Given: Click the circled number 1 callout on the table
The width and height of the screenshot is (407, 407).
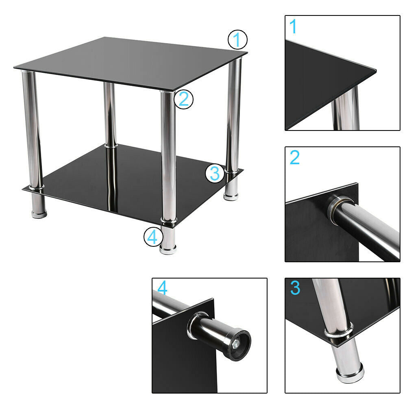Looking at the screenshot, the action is (237, 40).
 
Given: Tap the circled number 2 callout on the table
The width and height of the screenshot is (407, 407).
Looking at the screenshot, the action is (183, 99).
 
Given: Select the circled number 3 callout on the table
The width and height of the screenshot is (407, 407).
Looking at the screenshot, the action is (215, 173).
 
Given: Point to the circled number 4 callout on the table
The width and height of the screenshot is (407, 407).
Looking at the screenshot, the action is (153, 237).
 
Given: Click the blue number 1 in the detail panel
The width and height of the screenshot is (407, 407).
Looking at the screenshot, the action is (293, 26).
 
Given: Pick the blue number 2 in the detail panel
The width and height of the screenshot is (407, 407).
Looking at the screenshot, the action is (295, 157).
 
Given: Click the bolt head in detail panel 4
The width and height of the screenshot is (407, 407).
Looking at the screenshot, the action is (236, 344).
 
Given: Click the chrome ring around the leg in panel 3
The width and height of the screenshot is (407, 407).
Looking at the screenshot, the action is (338, 331).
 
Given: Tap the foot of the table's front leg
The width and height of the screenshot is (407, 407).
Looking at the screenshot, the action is (168, 249).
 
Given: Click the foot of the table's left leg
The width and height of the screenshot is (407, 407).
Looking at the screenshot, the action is (39, 213).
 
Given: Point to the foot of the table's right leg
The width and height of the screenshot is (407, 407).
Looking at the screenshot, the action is (231, 196).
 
